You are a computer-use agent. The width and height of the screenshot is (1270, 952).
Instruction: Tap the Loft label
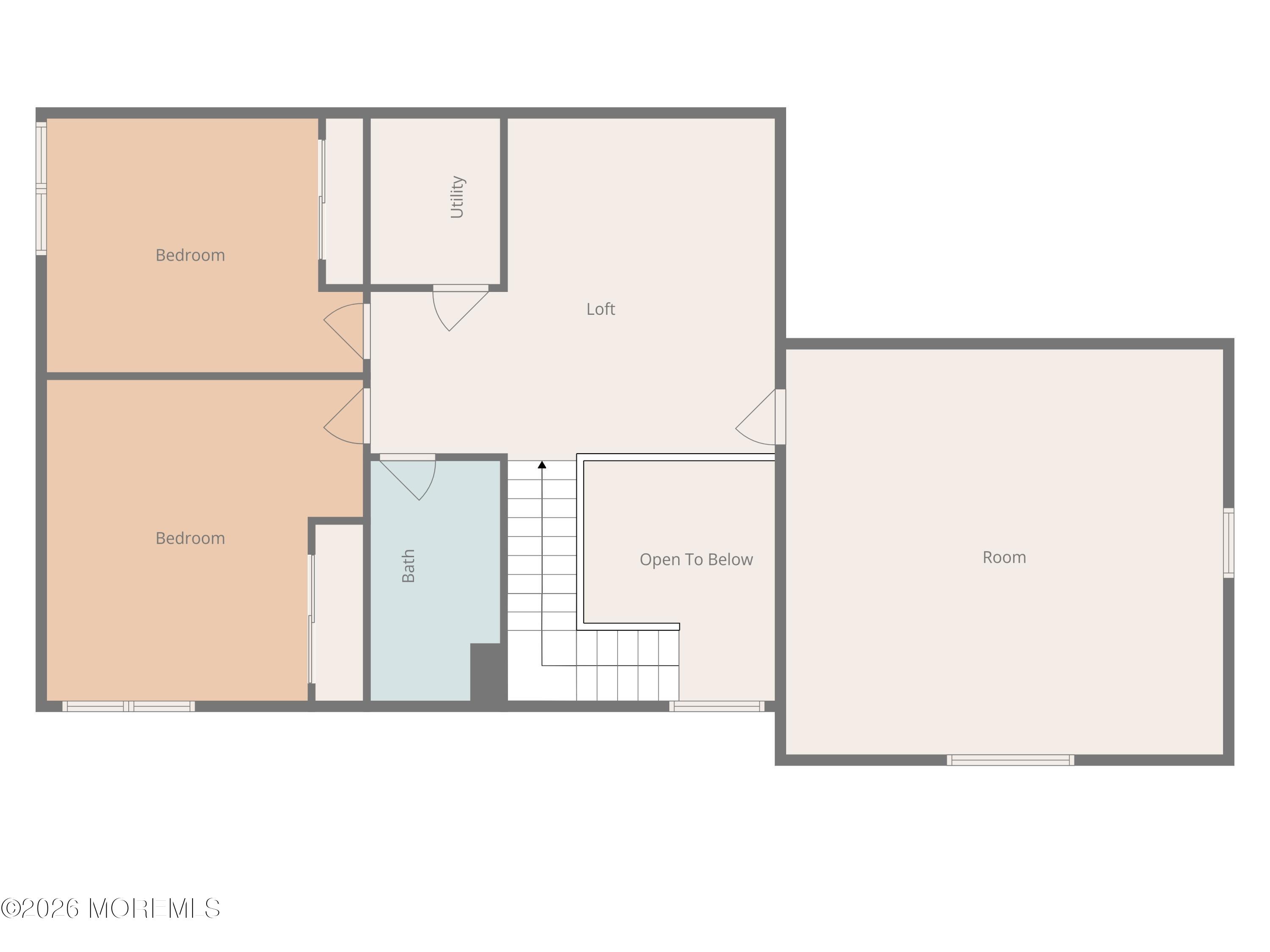601,309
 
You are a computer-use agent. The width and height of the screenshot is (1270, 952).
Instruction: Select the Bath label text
408,566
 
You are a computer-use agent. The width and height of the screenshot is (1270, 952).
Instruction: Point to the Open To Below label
696,559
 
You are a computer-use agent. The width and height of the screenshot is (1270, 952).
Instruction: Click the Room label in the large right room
1004,557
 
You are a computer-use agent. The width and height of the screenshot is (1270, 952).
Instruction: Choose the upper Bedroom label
190,256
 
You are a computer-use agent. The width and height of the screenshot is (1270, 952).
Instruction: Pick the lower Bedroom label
190,538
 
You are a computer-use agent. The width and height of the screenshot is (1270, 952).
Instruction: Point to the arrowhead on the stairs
542,465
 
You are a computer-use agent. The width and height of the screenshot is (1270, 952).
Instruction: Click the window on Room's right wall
1228,542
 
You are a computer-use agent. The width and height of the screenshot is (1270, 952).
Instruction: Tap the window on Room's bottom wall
1010,760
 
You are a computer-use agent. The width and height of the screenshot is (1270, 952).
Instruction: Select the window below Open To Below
717,707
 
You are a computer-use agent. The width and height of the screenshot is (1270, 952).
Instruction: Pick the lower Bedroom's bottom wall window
129,707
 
